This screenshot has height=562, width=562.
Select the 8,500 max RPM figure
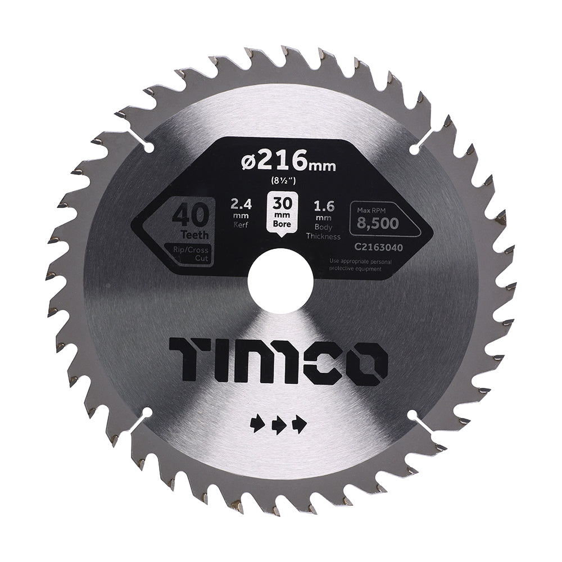point(378,223)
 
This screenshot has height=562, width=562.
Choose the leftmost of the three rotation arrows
point(257,425)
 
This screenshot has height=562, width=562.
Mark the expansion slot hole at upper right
point(414,147)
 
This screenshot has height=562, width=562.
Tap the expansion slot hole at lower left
point(147,414)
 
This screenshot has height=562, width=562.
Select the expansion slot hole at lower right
point(415,415)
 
